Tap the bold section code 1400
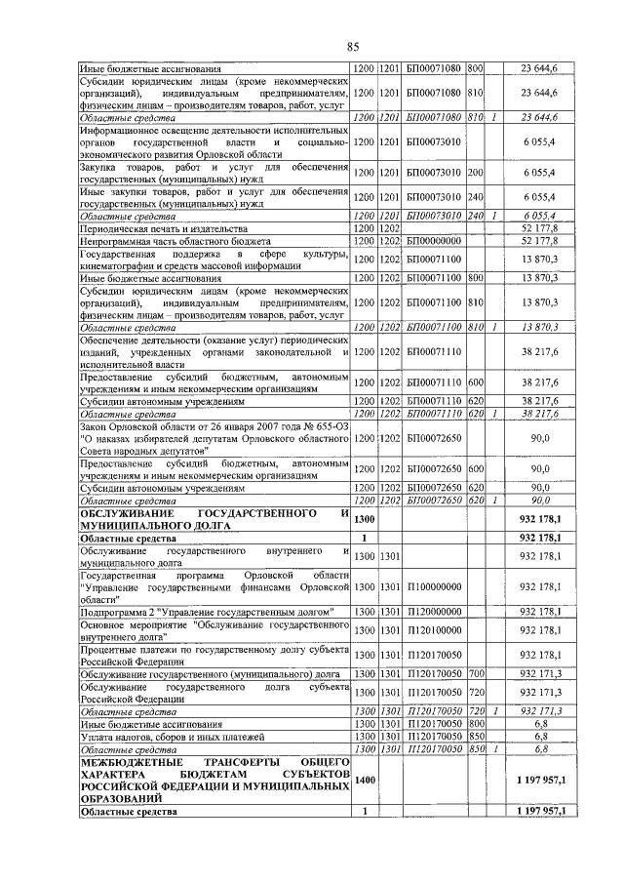tap(364, 781)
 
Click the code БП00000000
tap(432, 240)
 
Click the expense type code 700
tap(476, 673)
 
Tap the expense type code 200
tap(476, 172)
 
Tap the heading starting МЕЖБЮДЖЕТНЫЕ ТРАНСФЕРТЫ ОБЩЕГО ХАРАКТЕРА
tap(214, 781)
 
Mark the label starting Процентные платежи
tap(214, 654)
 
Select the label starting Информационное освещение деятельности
tap(214, 141)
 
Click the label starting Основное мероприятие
tap(214, 629)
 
